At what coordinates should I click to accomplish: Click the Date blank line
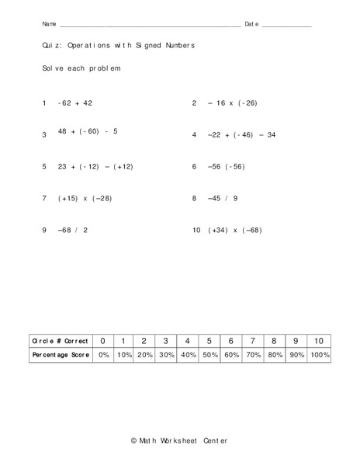tap(287, 26)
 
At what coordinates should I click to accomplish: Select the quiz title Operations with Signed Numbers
tap(119, 46)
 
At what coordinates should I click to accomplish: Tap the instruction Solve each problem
tap(81, 69)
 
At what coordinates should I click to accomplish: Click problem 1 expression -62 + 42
tap(74, 103)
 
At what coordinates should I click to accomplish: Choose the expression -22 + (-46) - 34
tap(241, 134)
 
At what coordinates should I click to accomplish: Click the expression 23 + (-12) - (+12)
tap(95, 166)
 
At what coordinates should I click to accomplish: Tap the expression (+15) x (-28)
tap(85, 198)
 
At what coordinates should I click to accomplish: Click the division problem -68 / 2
tap(72, 230)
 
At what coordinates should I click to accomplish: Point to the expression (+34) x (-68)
tap(235, 230)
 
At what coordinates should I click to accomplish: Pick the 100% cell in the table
tap(319, 354)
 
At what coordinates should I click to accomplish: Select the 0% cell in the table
tap(103, 354)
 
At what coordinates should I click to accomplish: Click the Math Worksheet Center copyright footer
tap(180, 440)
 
